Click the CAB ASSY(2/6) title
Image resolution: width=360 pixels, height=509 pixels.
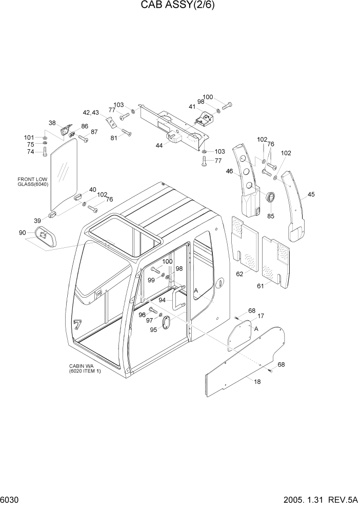click(x=180, y=7)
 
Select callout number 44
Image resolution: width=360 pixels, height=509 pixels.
click(x=159, y=146)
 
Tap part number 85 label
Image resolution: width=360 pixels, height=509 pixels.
click(x=271, y=216)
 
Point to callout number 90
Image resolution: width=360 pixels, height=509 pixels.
click(x=23, y=232)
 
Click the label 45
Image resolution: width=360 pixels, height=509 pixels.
click(x=311, y=194)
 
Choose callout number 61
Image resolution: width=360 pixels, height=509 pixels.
click(x=261, y=286)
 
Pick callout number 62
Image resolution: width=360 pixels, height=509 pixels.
click(x=239, y=274)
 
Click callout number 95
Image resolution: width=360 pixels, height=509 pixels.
click(x=153, y=330)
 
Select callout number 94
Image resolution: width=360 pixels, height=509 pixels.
click(x=162, y=300)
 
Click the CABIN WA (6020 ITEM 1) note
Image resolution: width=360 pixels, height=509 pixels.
click(x=85, y=368)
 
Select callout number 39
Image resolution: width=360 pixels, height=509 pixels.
click(x=37, y=220)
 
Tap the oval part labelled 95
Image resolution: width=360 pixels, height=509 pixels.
click(x=166, y=322)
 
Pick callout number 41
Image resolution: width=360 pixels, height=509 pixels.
click(x=192, y=107)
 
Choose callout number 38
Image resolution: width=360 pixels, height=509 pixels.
click(x=52, y=123)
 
